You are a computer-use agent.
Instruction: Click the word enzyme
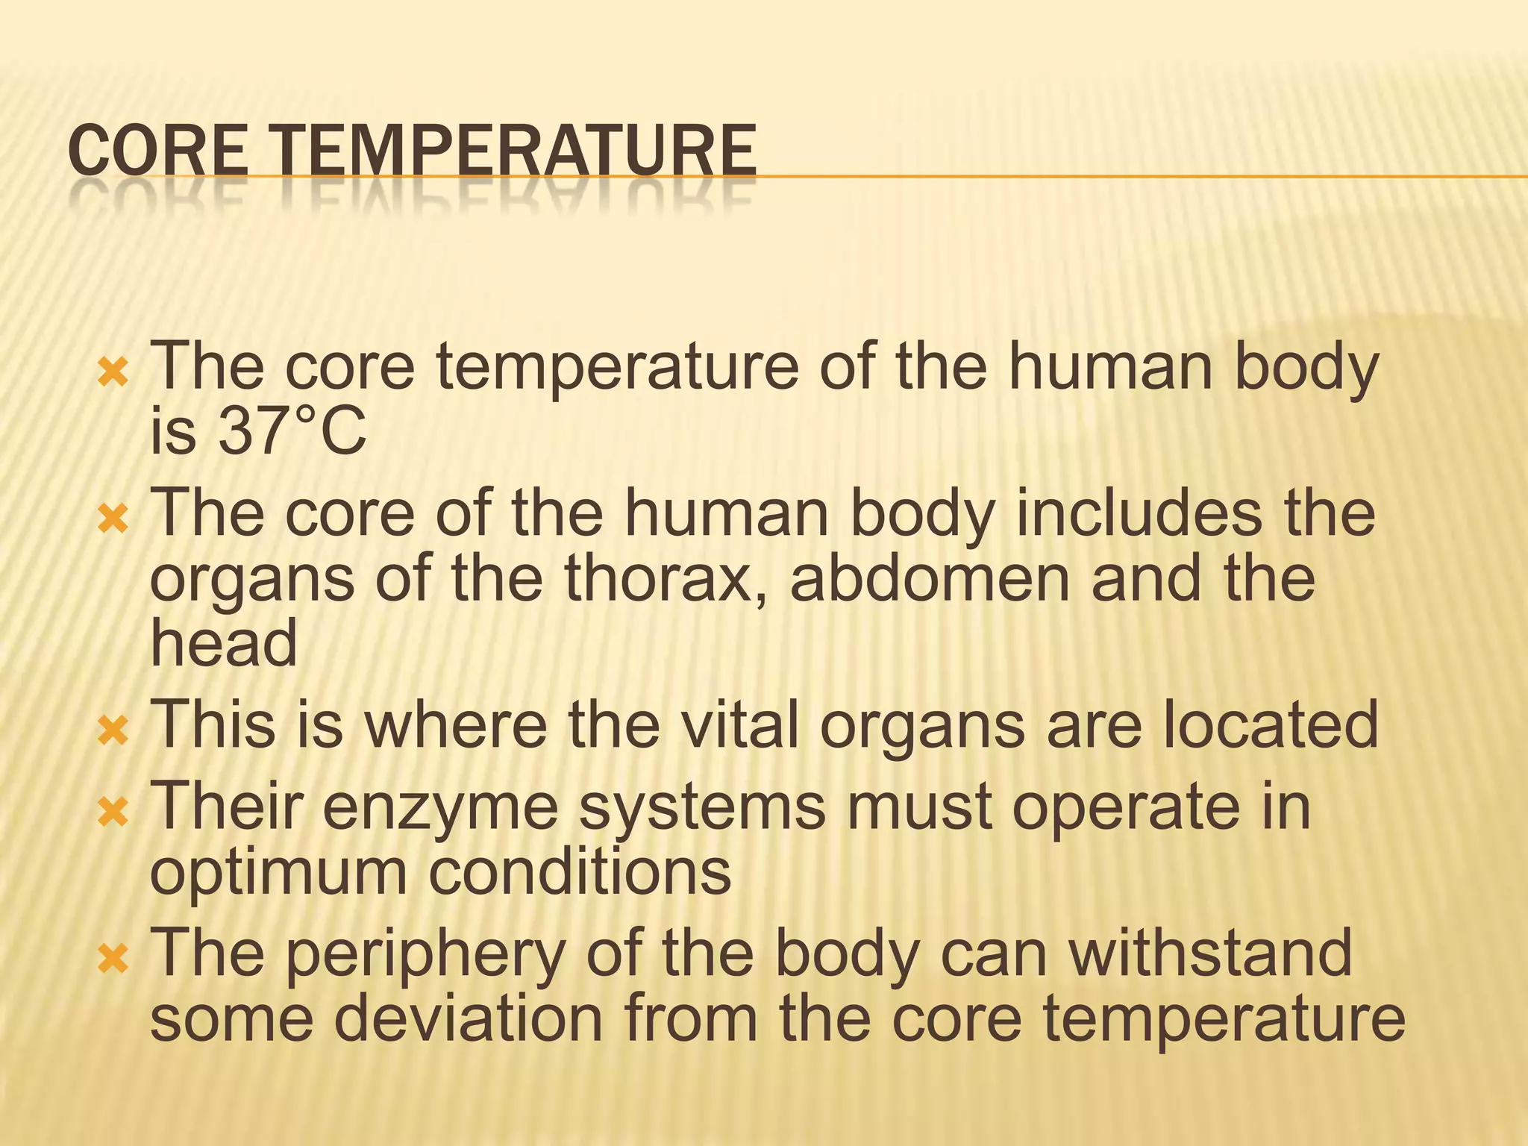(x=440, y=809)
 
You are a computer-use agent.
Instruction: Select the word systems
(x=702, y=809)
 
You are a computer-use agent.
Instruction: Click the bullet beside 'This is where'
(x=113, y=730)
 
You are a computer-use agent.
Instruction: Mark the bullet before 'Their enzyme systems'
(x=113, y=812)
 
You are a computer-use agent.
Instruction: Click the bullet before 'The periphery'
(x=113, y=959)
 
